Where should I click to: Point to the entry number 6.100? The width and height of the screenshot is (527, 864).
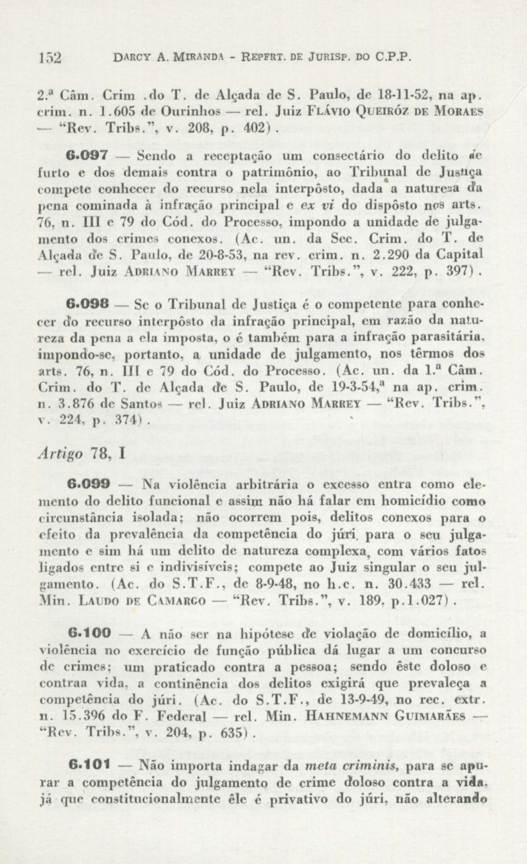click(89, 633)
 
